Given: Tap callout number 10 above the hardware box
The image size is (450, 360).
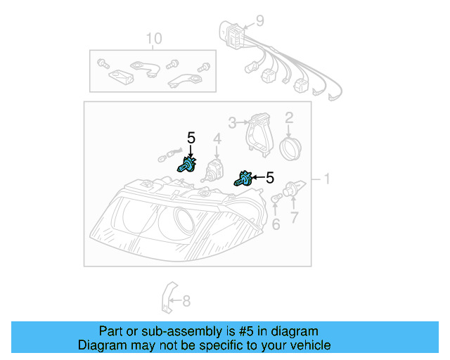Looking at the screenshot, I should pyautogui.click(x=153, y=38).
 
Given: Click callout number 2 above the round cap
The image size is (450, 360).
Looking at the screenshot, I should pyautogui.click(x=288, y=117).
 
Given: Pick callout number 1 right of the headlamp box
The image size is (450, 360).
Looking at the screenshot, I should pyautogui.click(x=326, y=179).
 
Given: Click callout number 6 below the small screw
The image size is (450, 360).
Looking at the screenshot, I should pyautogui.click(x=276, y=224).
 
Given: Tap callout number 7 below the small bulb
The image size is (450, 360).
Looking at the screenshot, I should pyautogui.click(x=295, y=218).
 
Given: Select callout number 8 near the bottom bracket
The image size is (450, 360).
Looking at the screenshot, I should pyautogui.click(x=186, y=302).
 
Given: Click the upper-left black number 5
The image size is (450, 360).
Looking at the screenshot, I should pyautogui.click(x=191, y=138).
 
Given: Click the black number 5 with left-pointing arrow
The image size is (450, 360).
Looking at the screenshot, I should pyautogui.click(x=269, y=178).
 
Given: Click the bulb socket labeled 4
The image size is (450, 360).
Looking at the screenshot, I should pyautogui.click(x=213, y=169).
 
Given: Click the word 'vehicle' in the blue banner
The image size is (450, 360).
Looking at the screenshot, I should pyautogui.click(x=307, y=345).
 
